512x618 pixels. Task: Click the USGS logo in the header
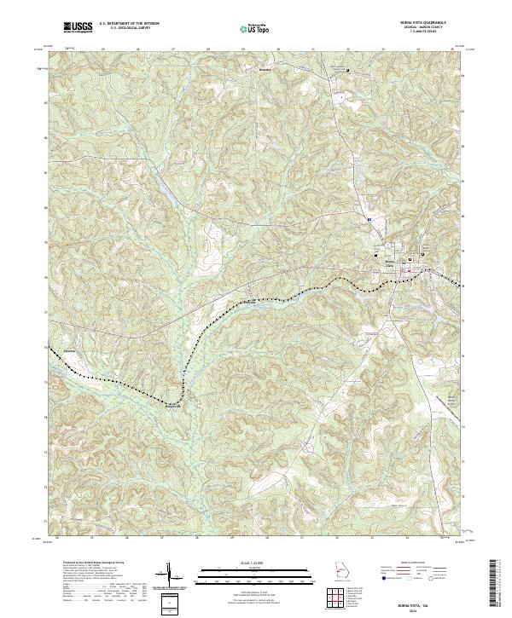(78, 27)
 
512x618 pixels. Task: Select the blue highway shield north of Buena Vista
(369, 219)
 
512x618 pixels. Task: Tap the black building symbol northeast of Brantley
(346, 70)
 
